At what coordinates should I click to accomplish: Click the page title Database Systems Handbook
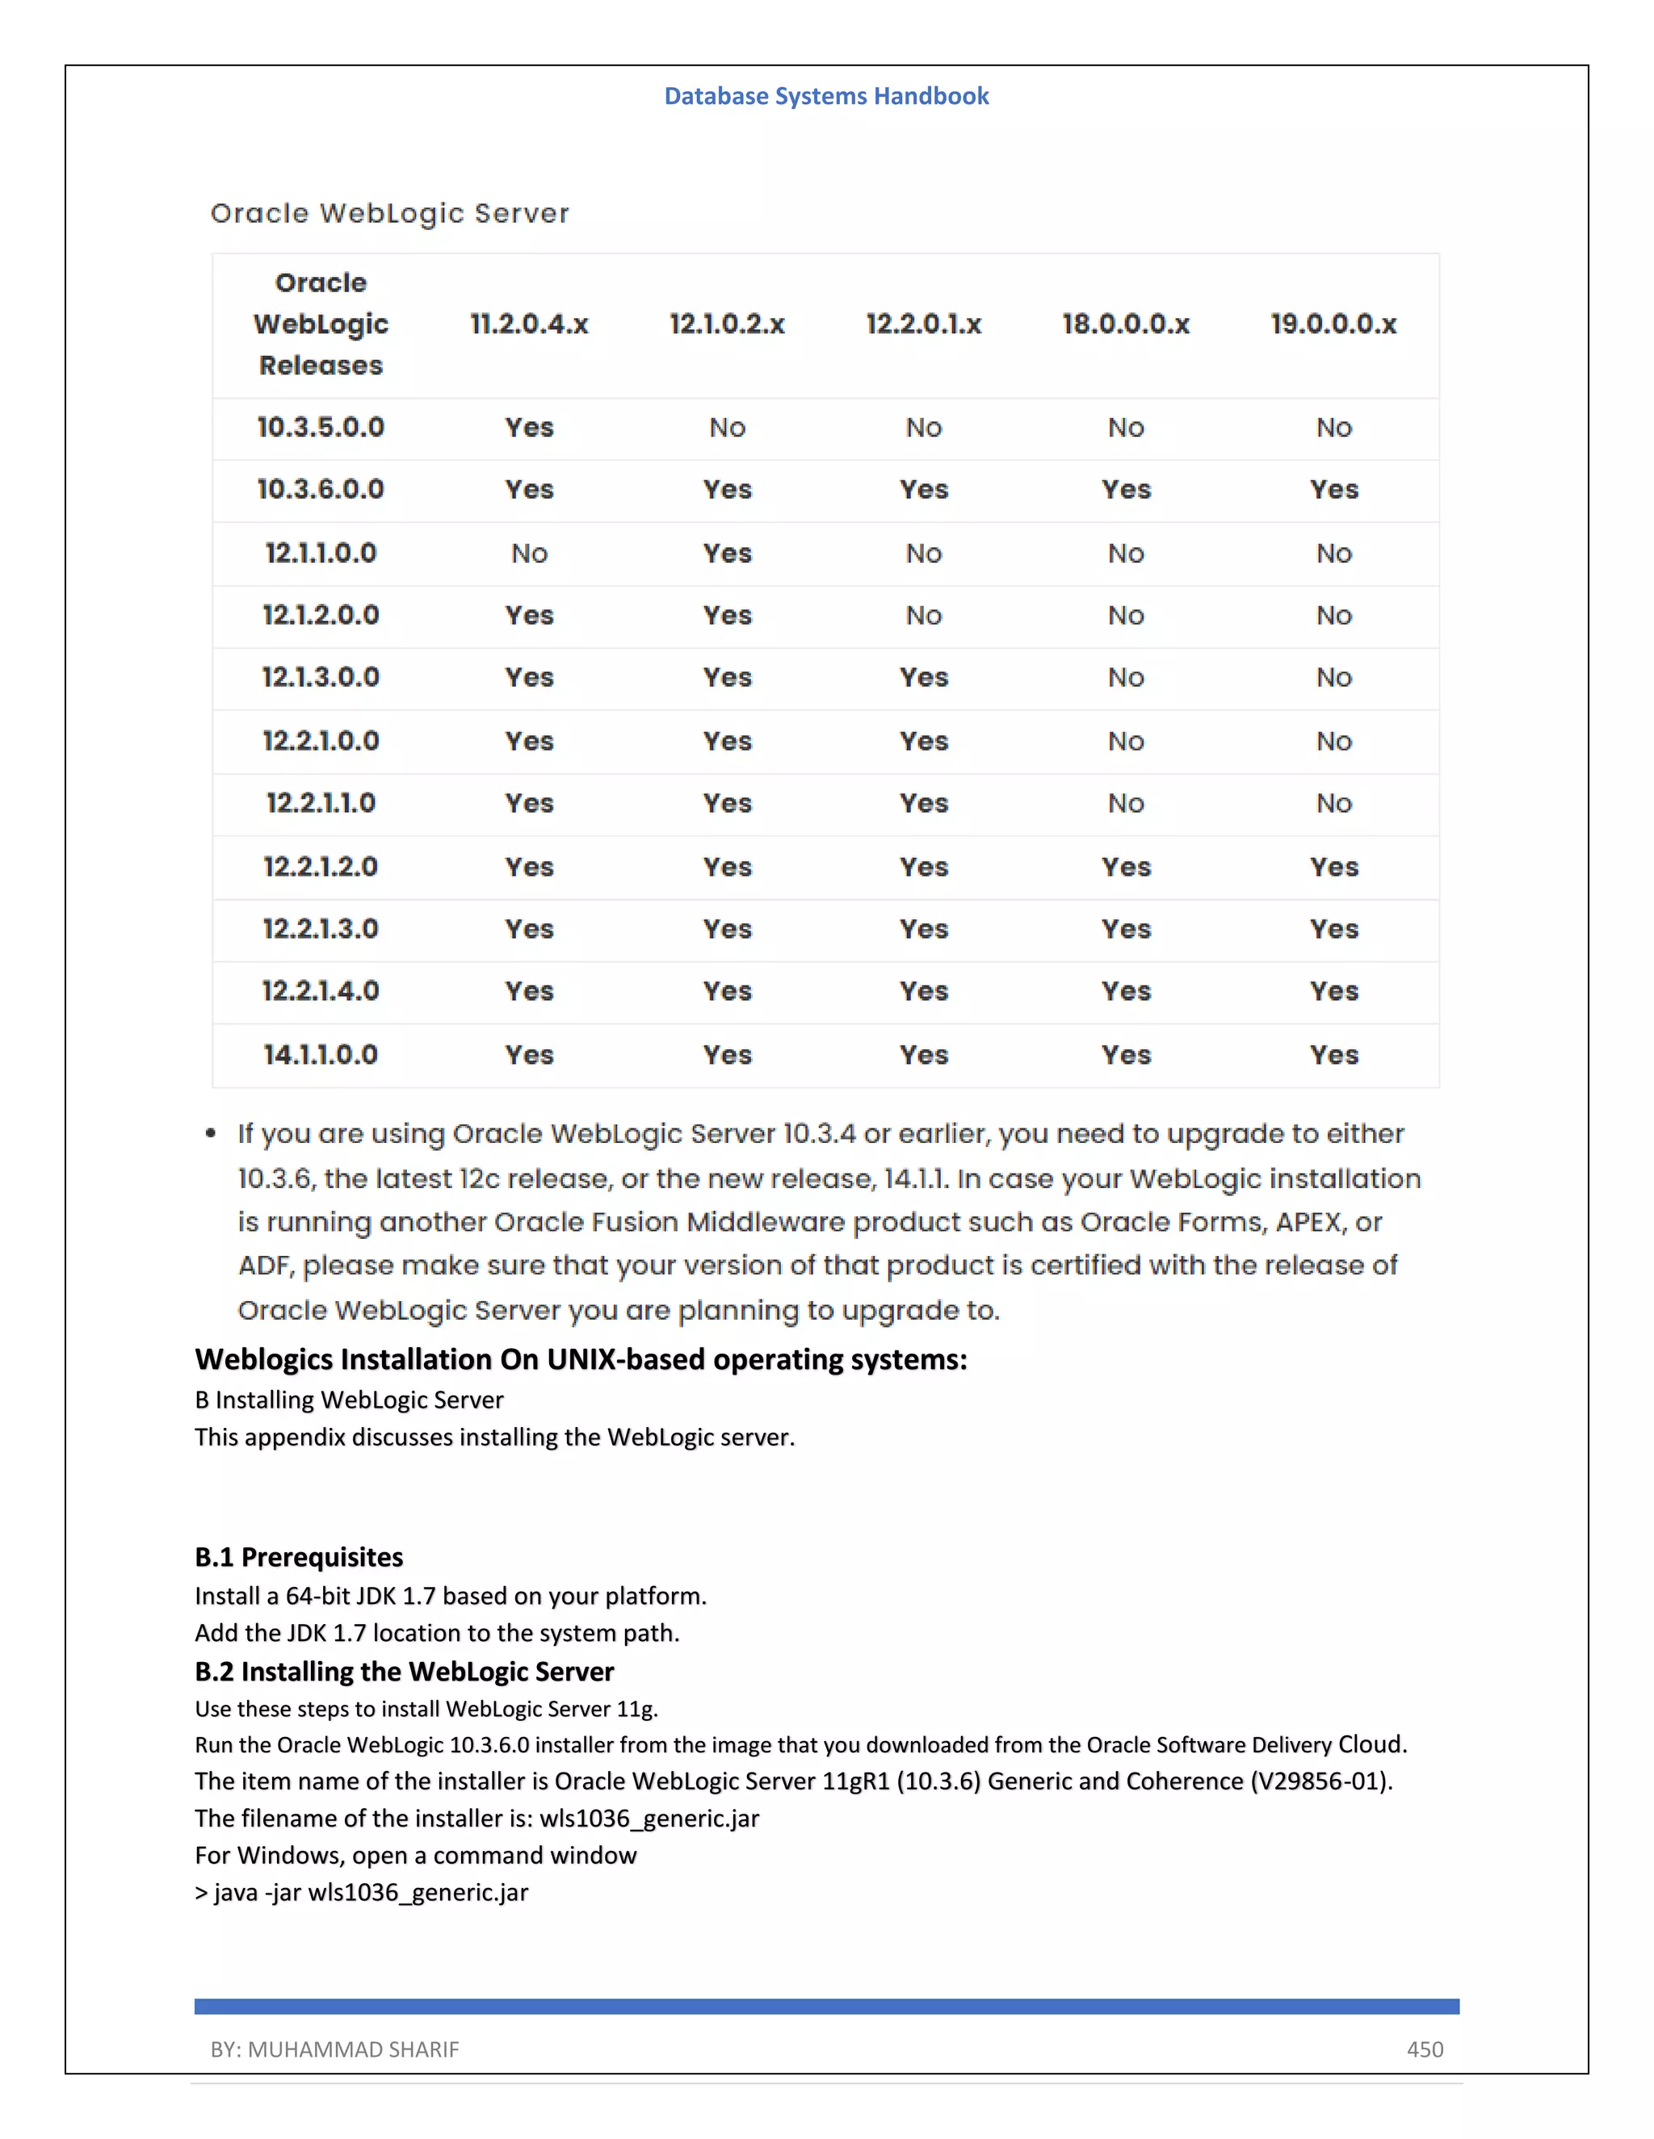point(826,96)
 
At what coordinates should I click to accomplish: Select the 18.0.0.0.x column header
point(1125,324)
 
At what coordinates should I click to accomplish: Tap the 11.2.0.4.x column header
point(529,324)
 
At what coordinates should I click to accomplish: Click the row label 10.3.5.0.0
point(321,427)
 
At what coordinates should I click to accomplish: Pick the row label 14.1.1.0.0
point(321,1055)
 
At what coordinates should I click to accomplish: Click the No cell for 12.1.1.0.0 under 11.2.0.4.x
point(529,554)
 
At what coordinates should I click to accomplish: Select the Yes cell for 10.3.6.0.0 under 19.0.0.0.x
point(1333,490)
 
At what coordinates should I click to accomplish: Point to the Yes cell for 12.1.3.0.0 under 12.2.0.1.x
point(923,678)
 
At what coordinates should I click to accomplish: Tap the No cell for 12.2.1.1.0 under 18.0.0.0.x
point(1125,804)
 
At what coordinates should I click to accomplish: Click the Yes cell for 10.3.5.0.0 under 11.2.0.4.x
point(529,427)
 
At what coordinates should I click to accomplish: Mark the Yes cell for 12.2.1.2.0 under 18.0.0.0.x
point(1125,867)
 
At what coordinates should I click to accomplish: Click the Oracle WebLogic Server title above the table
point(390,214)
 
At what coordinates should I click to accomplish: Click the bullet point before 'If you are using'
point(211,1134)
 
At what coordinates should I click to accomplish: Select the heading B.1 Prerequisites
point(299,1557)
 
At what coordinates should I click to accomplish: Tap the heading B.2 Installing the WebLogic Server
point(404,1671)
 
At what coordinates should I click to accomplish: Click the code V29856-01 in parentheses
point(1319,1781)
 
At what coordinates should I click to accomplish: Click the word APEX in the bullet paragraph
point(1309,1222)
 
